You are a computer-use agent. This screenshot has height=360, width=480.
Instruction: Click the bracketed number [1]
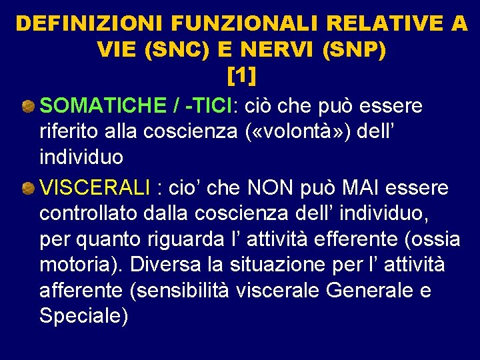pyautogui.click(x=241, y=76)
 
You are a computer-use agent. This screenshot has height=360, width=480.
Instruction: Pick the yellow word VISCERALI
pyautogui.click(x=95, y=189)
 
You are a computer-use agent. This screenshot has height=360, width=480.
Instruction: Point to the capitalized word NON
pyautogui.click(x=277, y=189)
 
